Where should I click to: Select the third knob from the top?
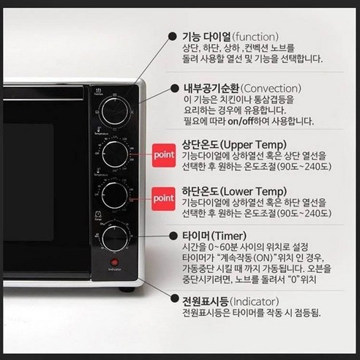[113, 194]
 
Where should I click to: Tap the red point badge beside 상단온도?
[163, 155]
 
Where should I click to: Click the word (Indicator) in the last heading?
[263, 301]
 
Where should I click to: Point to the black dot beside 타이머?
[175, 238]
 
